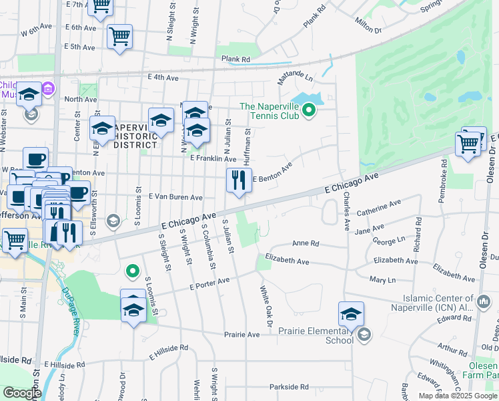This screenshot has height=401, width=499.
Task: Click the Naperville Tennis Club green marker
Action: (x=309, y=110)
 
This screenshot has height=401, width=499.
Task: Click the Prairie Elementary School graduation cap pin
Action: (x=351, y=313)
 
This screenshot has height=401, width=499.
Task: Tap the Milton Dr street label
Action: (x=368, y=27)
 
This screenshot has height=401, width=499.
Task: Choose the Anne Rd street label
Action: (x=306, y=243)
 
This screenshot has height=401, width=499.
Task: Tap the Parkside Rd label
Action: (x=289, y=386)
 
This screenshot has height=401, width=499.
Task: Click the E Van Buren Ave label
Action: (x=175, y=197)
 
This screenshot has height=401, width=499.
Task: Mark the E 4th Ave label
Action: (x=163, y=78)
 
